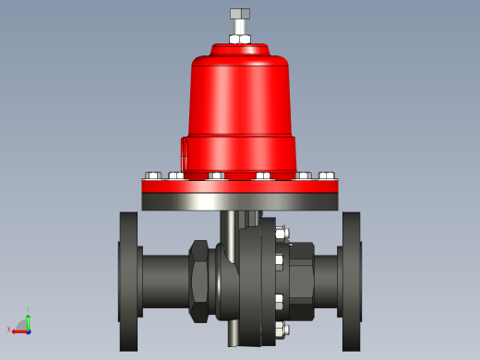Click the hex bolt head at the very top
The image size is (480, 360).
(240, 14)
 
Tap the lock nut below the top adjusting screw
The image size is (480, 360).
(240, 39)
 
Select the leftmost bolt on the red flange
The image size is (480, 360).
(153, 174)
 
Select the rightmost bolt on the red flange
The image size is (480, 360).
(327, 174)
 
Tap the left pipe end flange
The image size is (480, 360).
(128, 281)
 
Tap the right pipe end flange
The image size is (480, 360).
(352, 281)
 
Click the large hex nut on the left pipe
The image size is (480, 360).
(198, 281)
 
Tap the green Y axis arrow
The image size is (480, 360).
(29, 319)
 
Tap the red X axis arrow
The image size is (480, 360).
(18, 330)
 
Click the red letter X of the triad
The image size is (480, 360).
(9, 330)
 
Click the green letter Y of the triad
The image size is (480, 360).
(29, 310)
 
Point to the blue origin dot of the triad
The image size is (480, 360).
(29, 330)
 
